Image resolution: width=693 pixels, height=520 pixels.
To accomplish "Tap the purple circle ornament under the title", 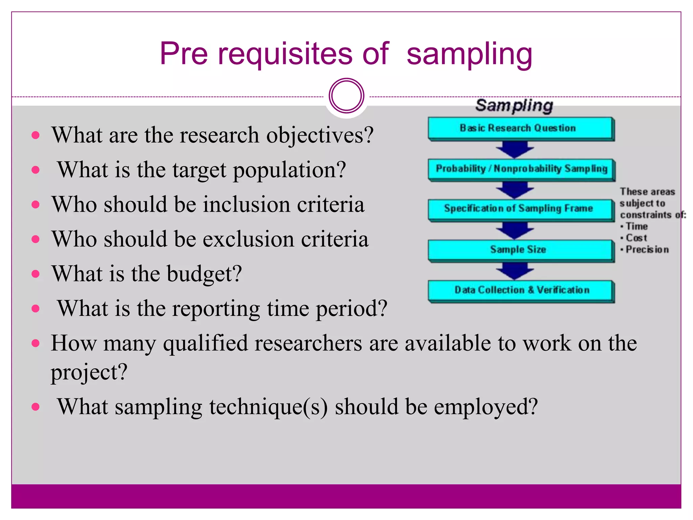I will click(x=346, y=96).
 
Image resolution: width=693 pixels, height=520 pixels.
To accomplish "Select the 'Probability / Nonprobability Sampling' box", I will click(x=521, y=169).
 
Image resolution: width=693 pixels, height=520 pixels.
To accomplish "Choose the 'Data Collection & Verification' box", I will click(x=521, y=290).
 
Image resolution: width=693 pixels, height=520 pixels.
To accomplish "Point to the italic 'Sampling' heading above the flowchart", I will click(x=514, y=105).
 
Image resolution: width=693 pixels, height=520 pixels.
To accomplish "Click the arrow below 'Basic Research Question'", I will click(x=515, y=149).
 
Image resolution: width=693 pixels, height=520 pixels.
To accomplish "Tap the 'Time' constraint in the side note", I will click(x=636, y=226).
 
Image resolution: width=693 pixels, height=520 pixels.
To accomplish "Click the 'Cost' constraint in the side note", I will click(x=636, y=238).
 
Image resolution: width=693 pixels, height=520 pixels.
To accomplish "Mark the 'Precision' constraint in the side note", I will click(x=647, y=250).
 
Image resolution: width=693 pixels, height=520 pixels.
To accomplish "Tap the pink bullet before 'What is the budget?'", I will click(x=36, y=274).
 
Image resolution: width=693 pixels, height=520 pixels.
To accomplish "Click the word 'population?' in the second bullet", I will click(x=289, y=170).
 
